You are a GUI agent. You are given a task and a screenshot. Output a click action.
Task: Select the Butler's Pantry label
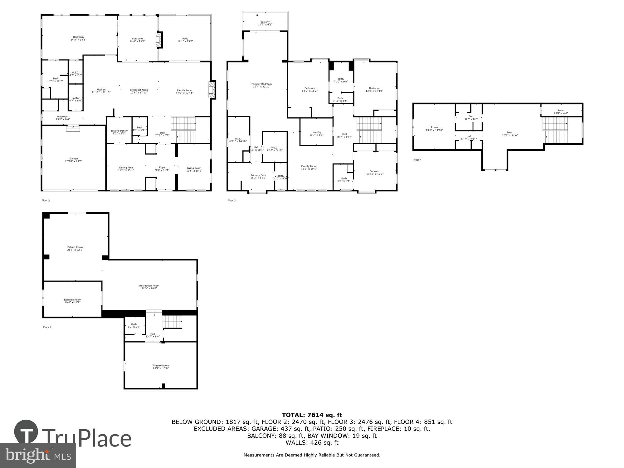pos(119,131)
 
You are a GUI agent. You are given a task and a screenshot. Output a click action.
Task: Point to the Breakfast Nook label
pos(139,90)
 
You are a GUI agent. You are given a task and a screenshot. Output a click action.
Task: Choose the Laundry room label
pos(316,132)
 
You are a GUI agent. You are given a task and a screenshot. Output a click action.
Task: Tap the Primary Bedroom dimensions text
pos(261,87)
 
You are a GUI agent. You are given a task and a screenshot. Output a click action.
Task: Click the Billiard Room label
pos(75,247)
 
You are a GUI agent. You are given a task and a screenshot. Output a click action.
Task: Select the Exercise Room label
pos(72,300)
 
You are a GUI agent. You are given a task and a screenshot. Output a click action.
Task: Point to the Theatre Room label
pos(161,366)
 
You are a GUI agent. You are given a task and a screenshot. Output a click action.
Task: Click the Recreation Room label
pos(149,285)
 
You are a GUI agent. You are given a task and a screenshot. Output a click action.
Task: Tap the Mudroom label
pos(63,117)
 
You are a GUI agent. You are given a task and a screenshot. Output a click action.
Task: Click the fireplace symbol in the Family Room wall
pos(212,90)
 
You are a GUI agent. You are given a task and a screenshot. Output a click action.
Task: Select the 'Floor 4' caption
pos(417,160)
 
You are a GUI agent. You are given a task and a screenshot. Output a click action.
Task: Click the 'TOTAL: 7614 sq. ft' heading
pos(312,415)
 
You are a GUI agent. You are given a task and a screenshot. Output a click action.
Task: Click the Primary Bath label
pos(258,175)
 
